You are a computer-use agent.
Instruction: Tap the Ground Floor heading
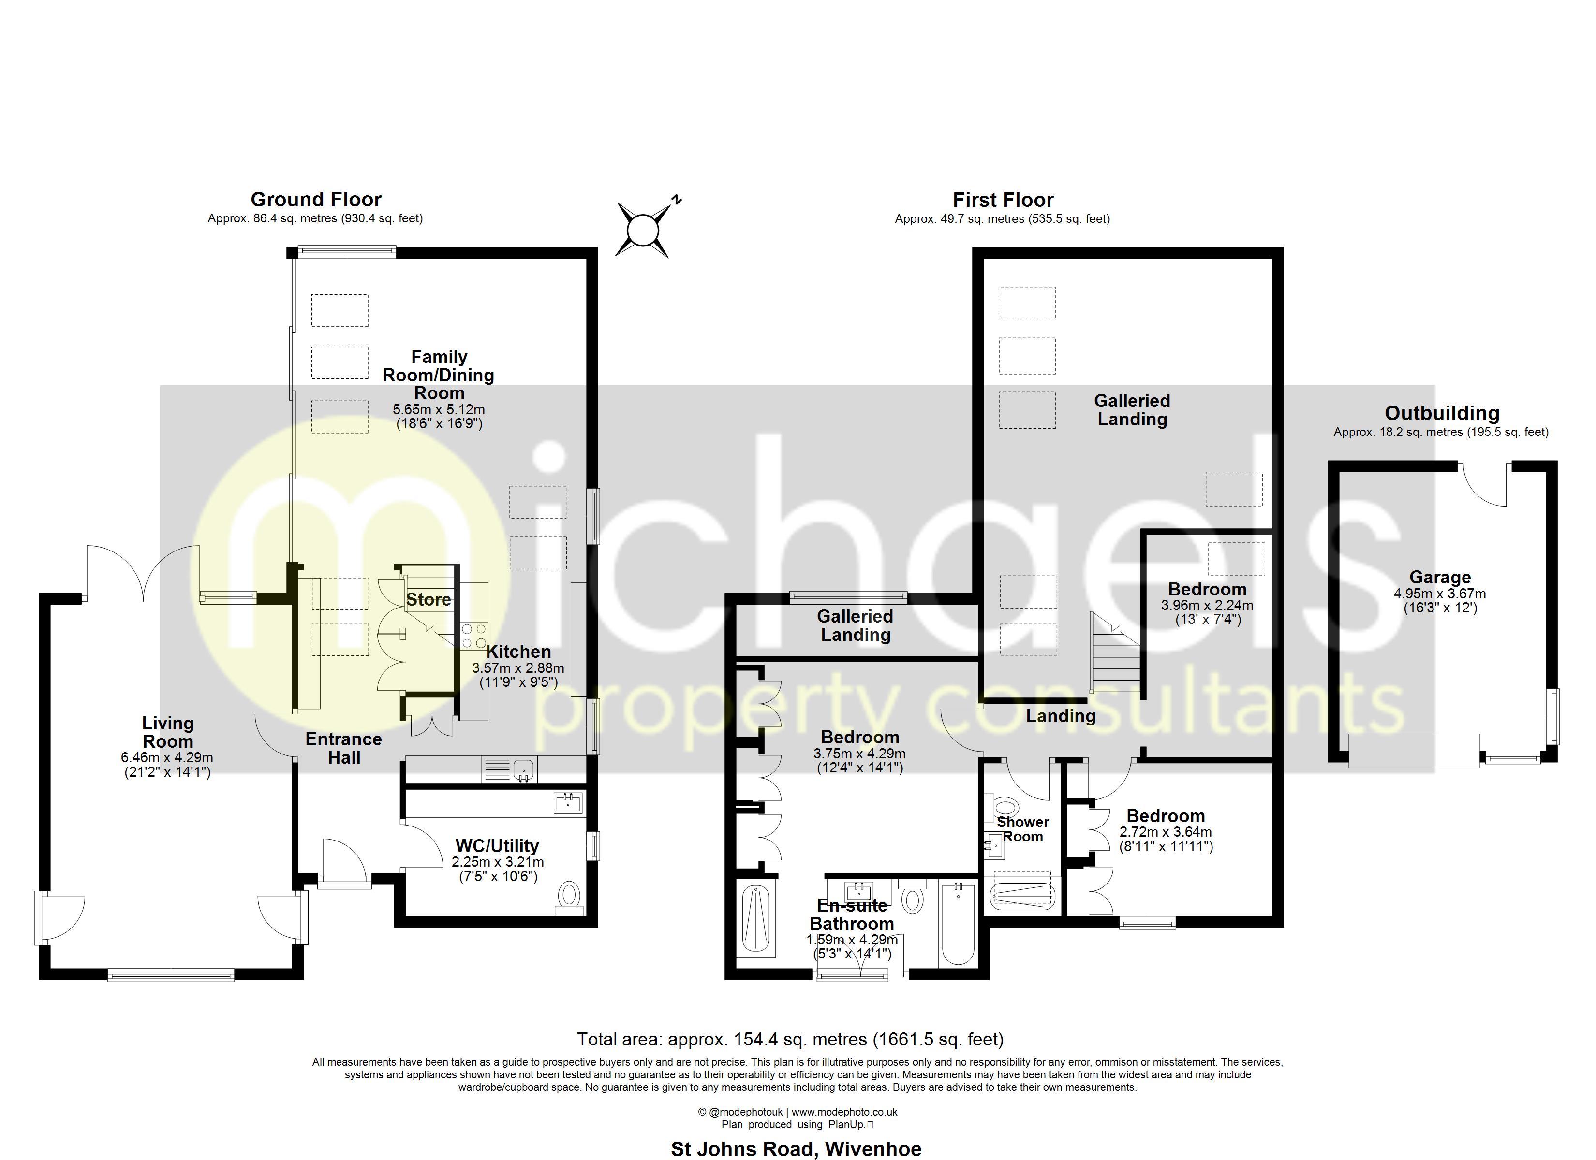[x=316, y=200]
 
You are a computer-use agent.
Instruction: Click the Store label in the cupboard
[x=429, y=599]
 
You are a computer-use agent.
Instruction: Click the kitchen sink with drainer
[x=508, y=769]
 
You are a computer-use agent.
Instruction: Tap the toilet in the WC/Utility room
[x=569, y=899]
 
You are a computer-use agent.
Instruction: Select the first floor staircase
[x=1115, y=653]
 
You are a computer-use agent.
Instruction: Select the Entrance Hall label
[x=343, y=749]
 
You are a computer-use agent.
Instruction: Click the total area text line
[x=790, y=1039]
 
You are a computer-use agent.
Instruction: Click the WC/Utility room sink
[x=568, y=803]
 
